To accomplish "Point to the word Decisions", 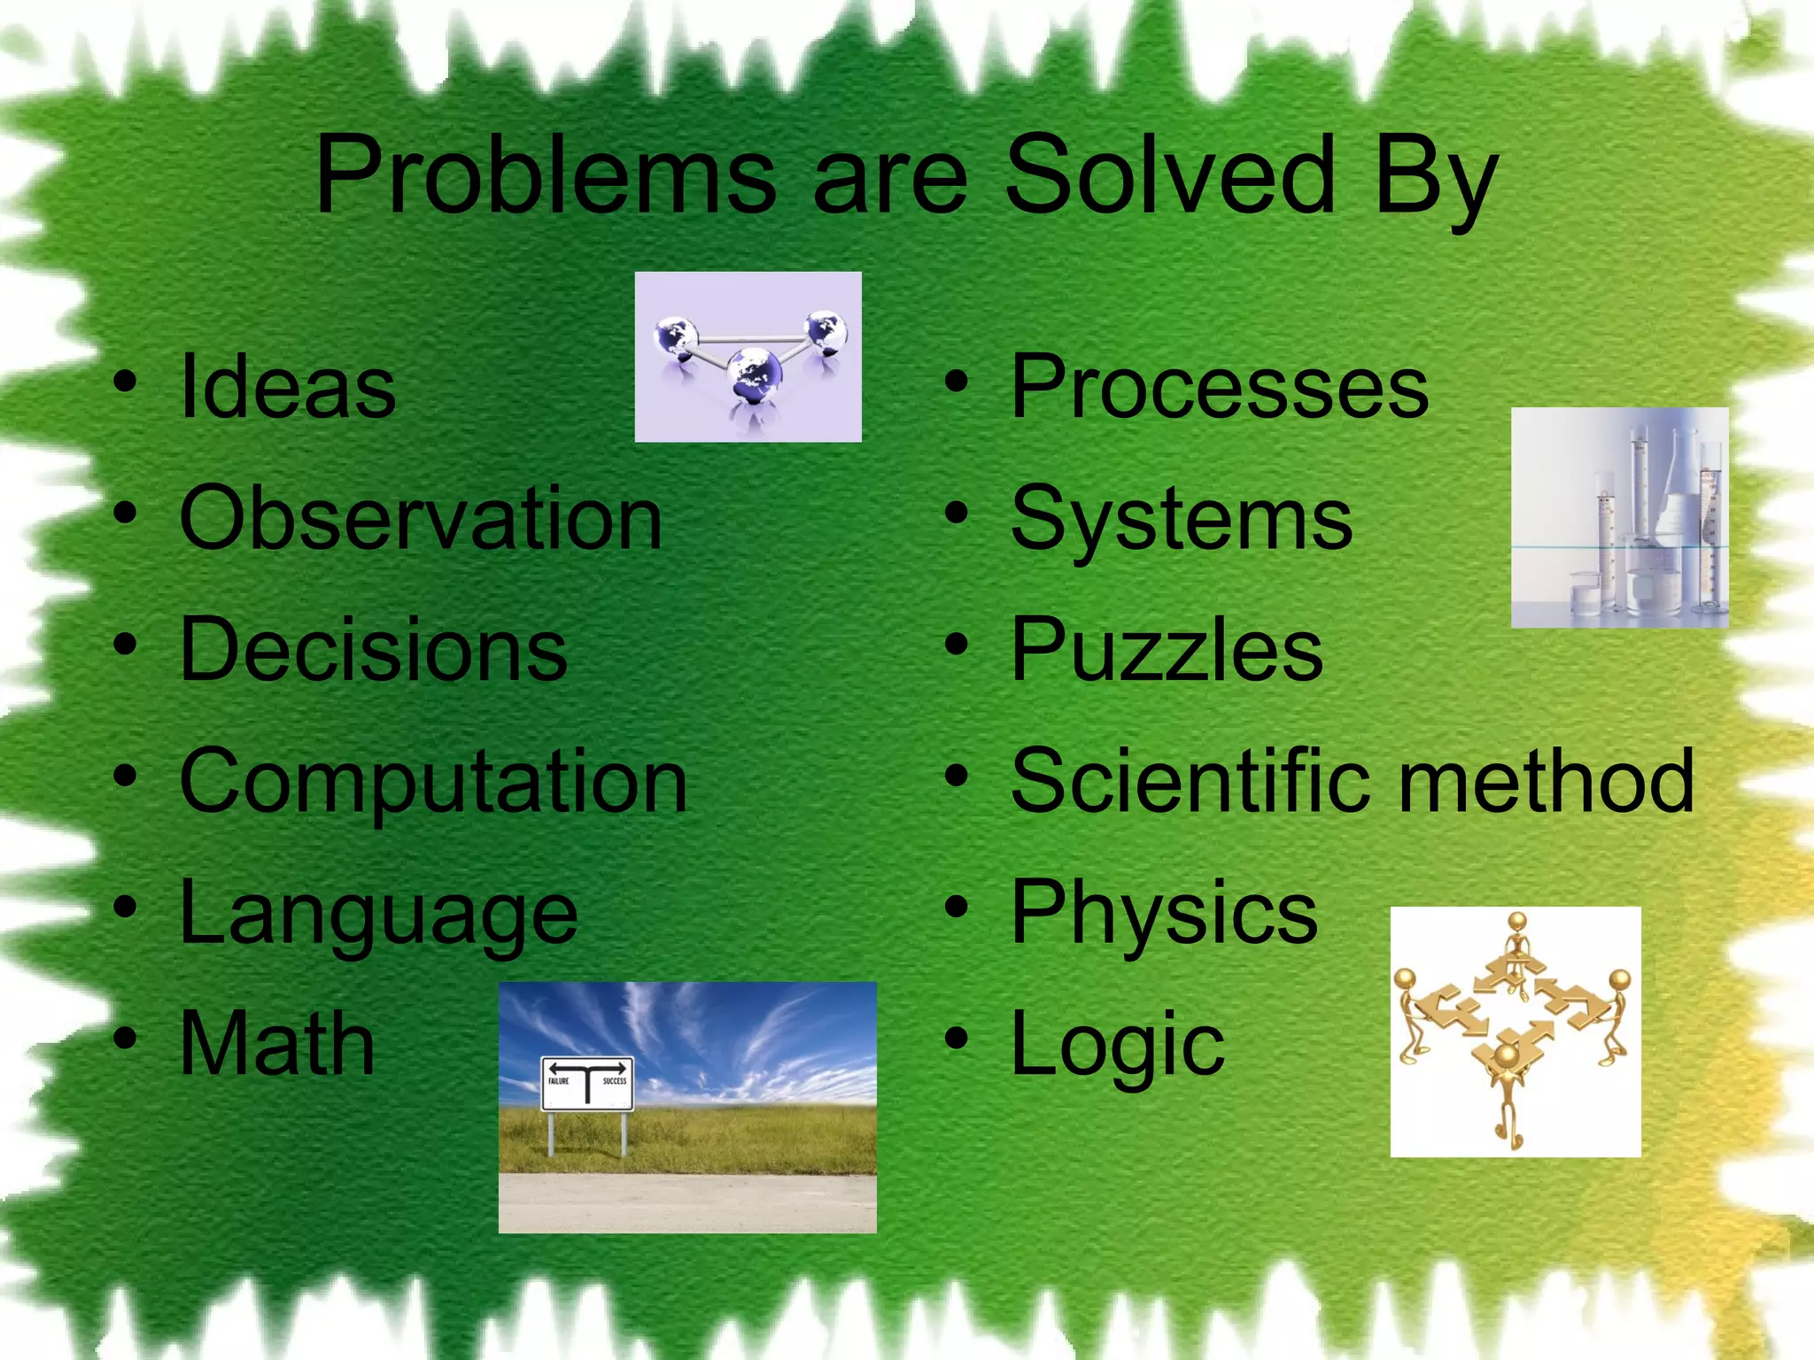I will (373, 650).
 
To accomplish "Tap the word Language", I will (378, 914).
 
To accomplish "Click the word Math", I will (277, 1045).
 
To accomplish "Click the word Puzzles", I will (1167, 650).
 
